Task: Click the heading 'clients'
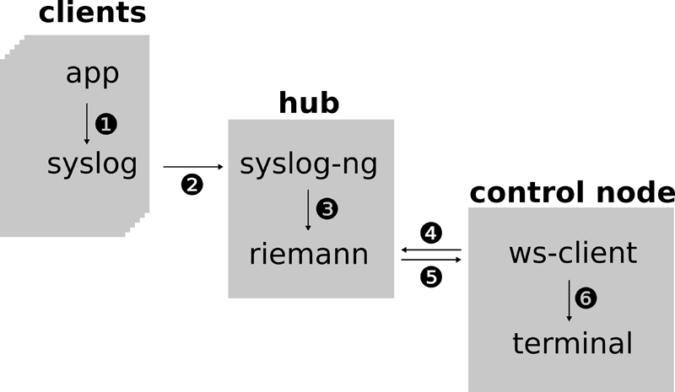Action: [x=92, y=13]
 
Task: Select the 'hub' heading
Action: [x=309, y=103]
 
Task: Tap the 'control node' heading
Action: [x=572, y=192]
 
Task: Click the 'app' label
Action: [x=92, y=74]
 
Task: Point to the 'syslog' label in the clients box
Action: [x=92, y=164]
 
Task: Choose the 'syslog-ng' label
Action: [x=308, y=165]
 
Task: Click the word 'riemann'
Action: [x=309, y=254]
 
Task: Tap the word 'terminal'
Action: [x=572, y=343]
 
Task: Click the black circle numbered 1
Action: [x=106, y=124]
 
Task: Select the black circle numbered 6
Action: [x=586, y=298]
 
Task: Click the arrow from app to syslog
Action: [x=87, y=123]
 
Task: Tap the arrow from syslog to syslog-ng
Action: [x=193, y=167]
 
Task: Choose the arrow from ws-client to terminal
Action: [x=569, y=298]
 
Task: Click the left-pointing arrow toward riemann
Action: [x=431, y=250]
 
